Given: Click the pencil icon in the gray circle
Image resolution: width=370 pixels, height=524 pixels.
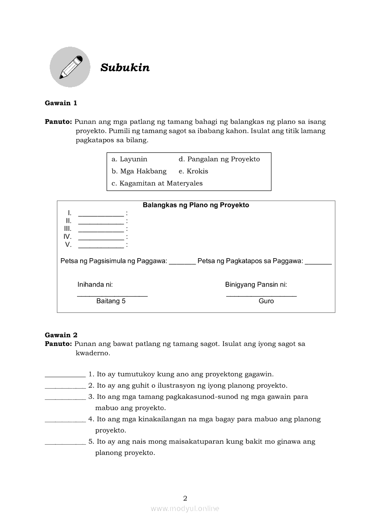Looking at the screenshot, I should (x=70, y=67).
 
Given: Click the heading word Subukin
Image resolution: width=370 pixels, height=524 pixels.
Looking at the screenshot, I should (x=125, y=68).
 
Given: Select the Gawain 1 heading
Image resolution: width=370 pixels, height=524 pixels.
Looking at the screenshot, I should (x=61, y=103).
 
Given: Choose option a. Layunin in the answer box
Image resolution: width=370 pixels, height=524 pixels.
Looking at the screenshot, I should (x=129, y=159).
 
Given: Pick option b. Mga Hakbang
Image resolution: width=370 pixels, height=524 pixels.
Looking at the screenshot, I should (x=139, y=171).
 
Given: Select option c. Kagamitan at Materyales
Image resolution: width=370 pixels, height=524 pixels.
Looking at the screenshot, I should (x=157, y=183).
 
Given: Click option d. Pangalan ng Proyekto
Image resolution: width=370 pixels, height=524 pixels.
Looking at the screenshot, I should (x=219, y=159).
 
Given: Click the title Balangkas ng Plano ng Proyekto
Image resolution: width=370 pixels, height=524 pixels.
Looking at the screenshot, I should (x=196, y=205).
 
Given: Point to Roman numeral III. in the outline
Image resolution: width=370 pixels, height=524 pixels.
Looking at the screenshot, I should (x=68, y=229).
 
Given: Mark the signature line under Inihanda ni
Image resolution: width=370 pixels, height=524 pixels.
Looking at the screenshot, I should (x=112, y=295).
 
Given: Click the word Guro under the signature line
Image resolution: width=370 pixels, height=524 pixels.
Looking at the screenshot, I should (x=266, y=301).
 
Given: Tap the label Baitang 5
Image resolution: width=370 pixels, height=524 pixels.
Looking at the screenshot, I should (x=111, y=301).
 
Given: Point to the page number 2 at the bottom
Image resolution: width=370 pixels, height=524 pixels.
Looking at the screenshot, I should (x=185, y=498).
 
